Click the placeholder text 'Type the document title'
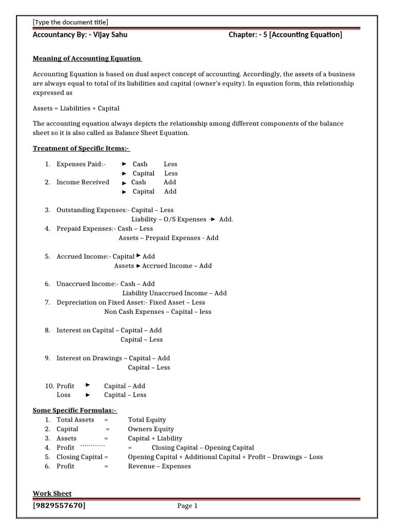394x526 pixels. pos(70,22)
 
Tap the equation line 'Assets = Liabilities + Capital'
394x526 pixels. pos(76,108)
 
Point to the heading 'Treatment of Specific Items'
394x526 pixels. pos(81,148)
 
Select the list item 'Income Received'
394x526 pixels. pos(83,182)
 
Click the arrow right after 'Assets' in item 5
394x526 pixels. pos(138,266)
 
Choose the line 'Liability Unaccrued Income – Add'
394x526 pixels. pos(174,293)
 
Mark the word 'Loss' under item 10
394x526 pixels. pos(64,394)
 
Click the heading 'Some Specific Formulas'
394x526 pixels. pos(75,410)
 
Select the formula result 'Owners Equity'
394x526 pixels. pos(151,429)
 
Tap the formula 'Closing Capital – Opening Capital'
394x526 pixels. pos(203,447)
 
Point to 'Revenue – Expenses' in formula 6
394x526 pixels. pos(159,466)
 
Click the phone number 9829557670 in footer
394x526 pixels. pos(60,505)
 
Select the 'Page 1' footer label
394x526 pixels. pos(187,506)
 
